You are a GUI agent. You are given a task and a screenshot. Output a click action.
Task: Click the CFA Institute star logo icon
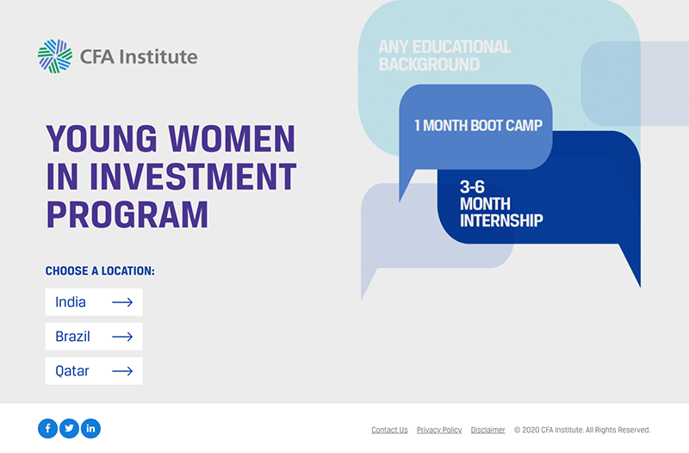[55, 57]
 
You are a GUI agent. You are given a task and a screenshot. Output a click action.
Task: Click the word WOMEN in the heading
[232, 138]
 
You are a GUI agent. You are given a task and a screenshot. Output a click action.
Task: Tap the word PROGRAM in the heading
[127, 214]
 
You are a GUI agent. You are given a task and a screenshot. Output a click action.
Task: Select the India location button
[94, 302]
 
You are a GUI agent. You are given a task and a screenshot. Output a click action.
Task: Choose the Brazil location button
[94, 337]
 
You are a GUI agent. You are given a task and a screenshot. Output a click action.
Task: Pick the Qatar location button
[94, 371]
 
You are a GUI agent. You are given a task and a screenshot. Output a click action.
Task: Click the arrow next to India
[122, 302]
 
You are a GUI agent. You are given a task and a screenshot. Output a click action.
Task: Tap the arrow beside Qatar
[122, 371]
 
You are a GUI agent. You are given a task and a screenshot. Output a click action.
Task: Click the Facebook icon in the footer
[47, 428]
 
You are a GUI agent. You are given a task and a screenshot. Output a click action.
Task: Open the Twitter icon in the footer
[70, 428]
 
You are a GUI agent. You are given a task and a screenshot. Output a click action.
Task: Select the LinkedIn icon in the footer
[91, 428]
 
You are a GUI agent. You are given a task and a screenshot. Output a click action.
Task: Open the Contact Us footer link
[389, 430]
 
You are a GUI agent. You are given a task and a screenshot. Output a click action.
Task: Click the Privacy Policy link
[439, 430]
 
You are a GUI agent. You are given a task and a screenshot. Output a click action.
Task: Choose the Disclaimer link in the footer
[488, 430]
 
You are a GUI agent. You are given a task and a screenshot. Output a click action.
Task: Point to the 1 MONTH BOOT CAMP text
[478, 126]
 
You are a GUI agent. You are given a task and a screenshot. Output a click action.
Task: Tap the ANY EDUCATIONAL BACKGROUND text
[444, 55]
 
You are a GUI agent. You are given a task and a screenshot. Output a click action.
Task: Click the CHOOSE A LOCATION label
[100, 271]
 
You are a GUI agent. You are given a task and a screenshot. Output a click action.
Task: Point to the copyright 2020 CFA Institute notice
[582, 430]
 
